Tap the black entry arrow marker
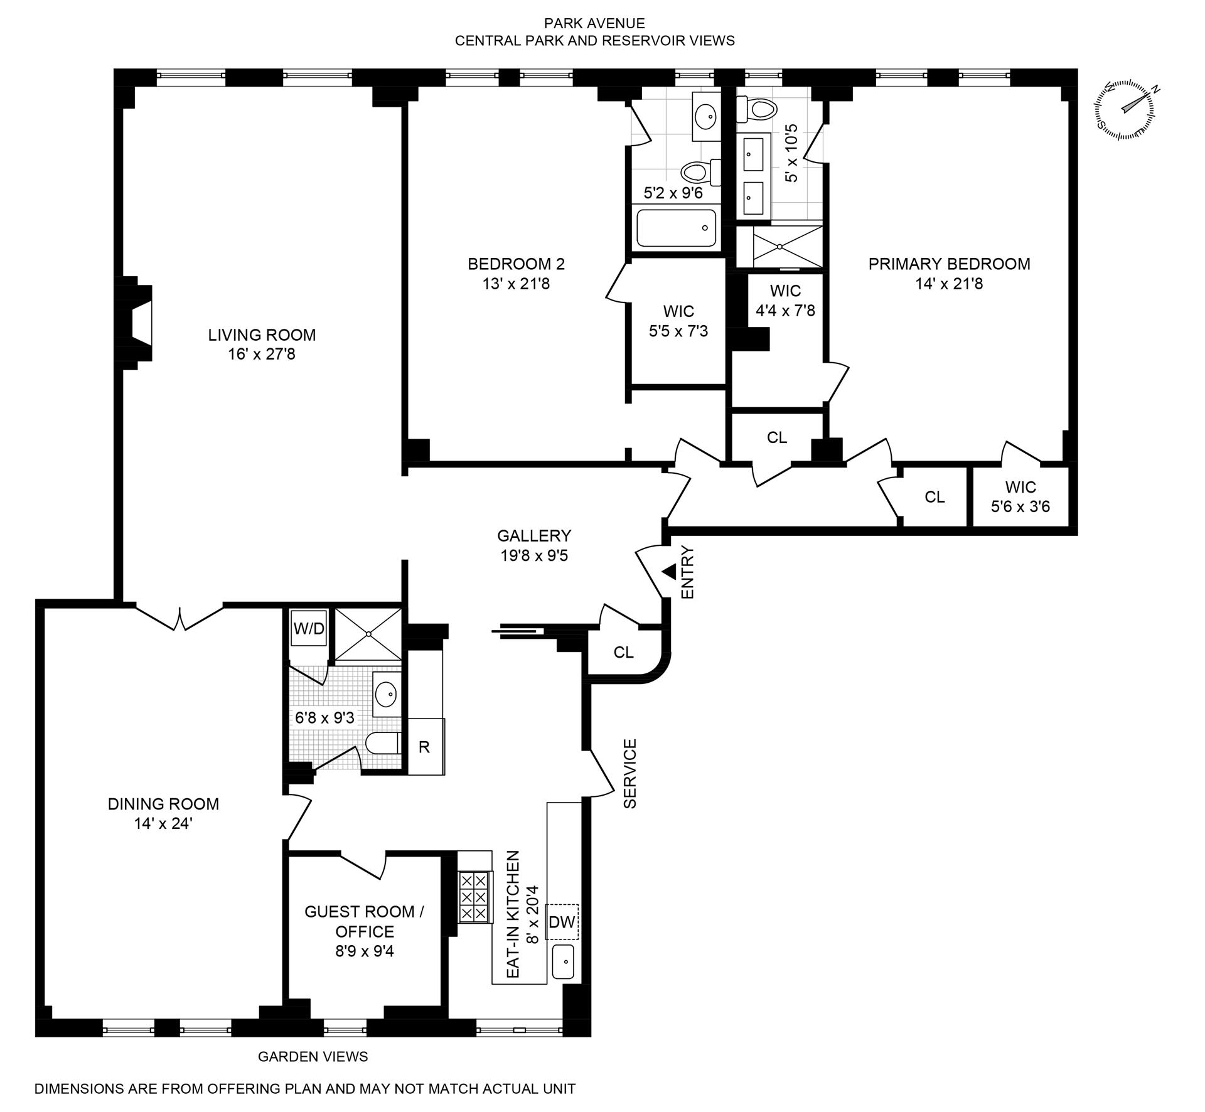(668, 572)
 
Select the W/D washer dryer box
(309, 628)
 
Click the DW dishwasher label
(562, 922)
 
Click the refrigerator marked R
(425, 747)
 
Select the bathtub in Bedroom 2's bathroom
(676, 228)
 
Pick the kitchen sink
(563, 962)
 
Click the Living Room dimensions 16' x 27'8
(262, 355)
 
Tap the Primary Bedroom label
(949, 264)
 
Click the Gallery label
(534, 535)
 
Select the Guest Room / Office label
(365, 921)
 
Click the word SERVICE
(630, 774)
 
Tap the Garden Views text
(313, 1056)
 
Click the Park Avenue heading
(594, 24)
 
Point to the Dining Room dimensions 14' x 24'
(163, 823)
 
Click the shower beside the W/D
(368, 634)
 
